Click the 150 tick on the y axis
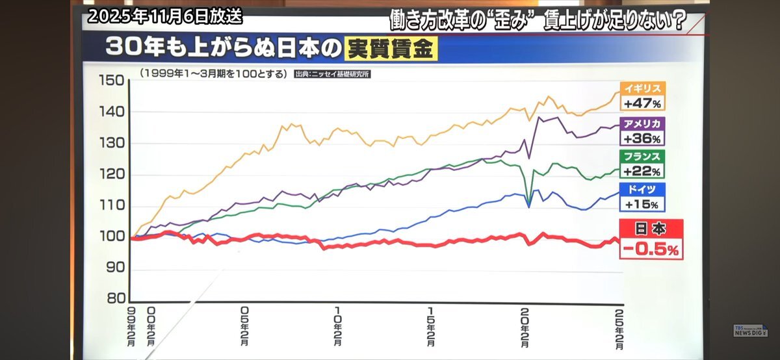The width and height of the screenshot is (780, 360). coord(110,81)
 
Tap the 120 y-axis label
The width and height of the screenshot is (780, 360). coord(110,175)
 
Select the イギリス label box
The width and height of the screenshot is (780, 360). coord(642,89)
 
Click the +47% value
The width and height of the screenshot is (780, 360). coord(642,103)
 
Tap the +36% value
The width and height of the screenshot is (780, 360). coord(642,139)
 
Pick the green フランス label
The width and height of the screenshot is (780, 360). coord(642,157)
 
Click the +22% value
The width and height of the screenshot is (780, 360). coord(642,172)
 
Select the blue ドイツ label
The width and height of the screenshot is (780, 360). coord(642,189)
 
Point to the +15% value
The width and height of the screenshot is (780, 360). coord(642,204)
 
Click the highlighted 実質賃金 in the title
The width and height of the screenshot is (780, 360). coord(391,49)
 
